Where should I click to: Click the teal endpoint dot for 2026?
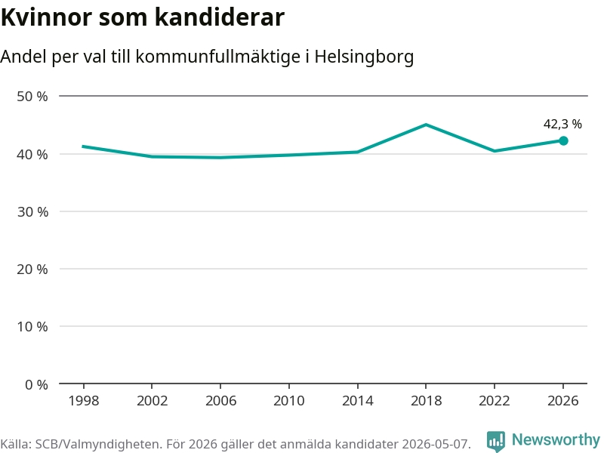[x=563, y=141]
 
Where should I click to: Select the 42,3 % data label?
[x=562, y=124]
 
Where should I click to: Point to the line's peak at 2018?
[x=426, y=125]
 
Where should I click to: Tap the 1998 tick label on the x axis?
[x=84, y=401]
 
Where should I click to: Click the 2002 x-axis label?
[x=153, y=401]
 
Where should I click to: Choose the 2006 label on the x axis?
[x=220, y=401]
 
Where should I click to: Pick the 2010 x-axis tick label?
[x=289, y=401]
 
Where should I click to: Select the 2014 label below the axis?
[x=357, y=401]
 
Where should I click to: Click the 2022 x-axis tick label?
[x=495, y=401]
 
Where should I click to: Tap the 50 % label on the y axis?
[x=32, y=97]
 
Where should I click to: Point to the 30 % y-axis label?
[x=32, y=212]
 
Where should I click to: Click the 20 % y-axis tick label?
[x=32, y=270]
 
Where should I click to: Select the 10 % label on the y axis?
[x=32, y=327]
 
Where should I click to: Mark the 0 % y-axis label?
[x=36, y=384]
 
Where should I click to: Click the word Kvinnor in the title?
[x=47, y=17]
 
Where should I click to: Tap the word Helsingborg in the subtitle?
[x=364, y=57]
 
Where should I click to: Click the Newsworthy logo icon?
[x=496, y=441]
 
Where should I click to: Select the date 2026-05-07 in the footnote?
[x=436, y=444]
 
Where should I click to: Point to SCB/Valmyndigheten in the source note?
[x=97, y=444]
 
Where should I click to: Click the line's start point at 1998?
[x=84, y=146]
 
